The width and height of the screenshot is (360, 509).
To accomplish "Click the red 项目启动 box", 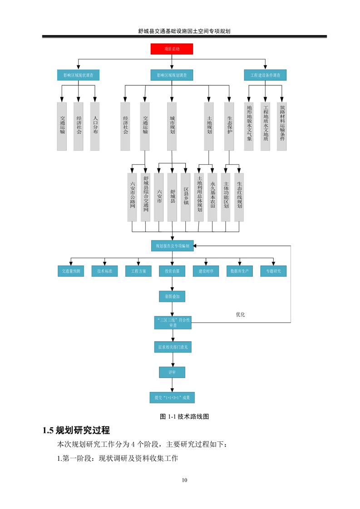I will [172, 49].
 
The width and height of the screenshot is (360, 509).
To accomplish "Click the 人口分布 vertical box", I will [95, 126].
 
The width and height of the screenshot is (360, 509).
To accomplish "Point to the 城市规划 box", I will [172, 126].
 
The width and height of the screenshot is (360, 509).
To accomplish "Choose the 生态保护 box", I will [229, 126].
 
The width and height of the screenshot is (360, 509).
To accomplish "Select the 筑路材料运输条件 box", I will [282, 126].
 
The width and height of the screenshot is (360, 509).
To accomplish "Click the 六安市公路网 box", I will [132, 197].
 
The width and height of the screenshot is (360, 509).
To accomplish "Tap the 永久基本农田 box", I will [212, 197].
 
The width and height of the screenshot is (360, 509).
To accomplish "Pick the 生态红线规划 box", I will [239, 197].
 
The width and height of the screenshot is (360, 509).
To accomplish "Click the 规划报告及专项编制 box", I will [172, 246].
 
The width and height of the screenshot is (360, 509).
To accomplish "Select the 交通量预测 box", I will [70, 271].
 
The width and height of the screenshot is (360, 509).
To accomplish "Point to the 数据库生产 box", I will [239, 271].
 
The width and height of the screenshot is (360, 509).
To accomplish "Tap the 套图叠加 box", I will [172, 297].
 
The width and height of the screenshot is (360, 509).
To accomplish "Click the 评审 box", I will [172, 372].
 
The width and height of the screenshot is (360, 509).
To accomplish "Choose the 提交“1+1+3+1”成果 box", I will [172, 397].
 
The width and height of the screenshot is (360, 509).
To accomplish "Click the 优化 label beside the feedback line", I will [240, 314].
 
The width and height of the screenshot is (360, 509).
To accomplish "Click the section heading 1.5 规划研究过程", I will [76, 430].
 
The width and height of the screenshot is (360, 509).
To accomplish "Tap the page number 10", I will [184, 480].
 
